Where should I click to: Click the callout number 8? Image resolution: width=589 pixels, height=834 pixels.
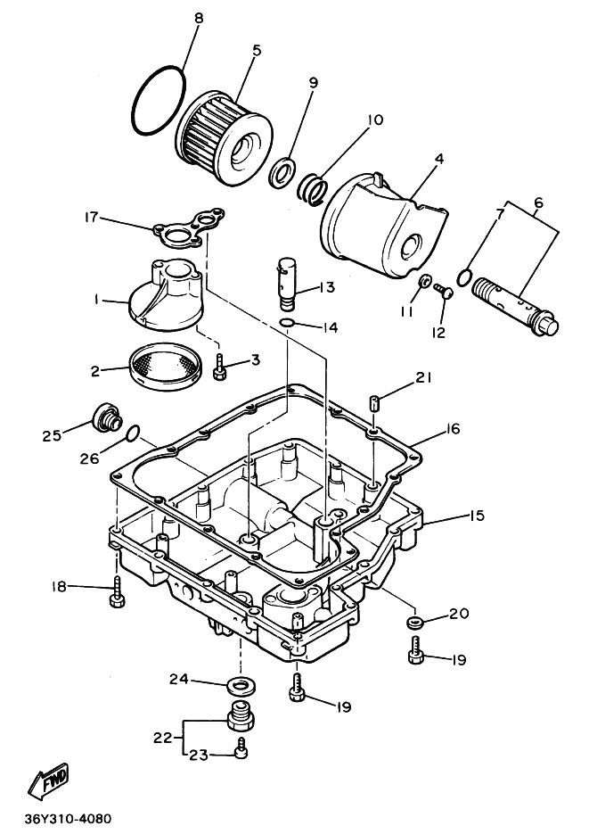pos(199,18)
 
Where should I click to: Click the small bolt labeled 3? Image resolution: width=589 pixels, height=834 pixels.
pos(219,366)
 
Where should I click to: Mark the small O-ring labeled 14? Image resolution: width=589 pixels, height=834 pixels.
pos(284,323)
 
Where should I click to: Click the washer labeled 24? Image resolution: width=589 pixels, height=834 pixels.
pos(239,685)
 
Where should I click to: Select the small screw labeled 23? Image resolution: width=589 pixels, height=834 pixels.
pos(240,754)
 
